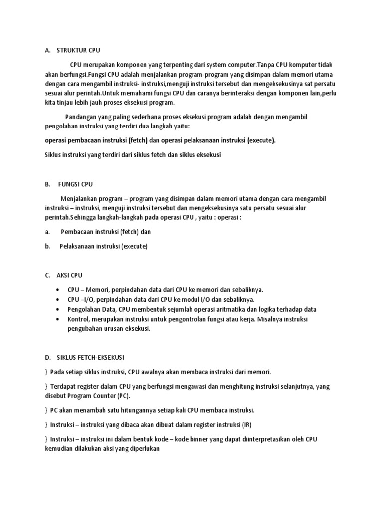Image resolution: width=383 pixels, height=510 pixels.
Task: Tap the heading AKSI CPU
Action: (70, 275)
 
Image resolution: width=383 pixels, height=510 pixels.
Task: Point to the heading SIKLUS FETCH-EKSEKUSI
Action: (91, 357)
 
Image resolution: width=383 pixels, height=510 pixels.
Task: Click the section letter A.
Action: (47, 50)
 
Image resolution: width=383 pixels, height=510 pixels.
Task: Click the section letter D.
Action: (47, 357)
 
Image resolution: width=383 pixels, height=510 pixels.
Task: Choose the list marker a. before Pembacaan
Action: (47, 232)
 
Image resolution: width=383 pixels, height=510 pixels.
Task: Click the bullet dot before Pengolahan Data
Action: (60, 309)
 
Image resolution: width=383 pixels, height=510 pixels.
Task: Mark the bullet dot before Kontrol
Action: (60, 319)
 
